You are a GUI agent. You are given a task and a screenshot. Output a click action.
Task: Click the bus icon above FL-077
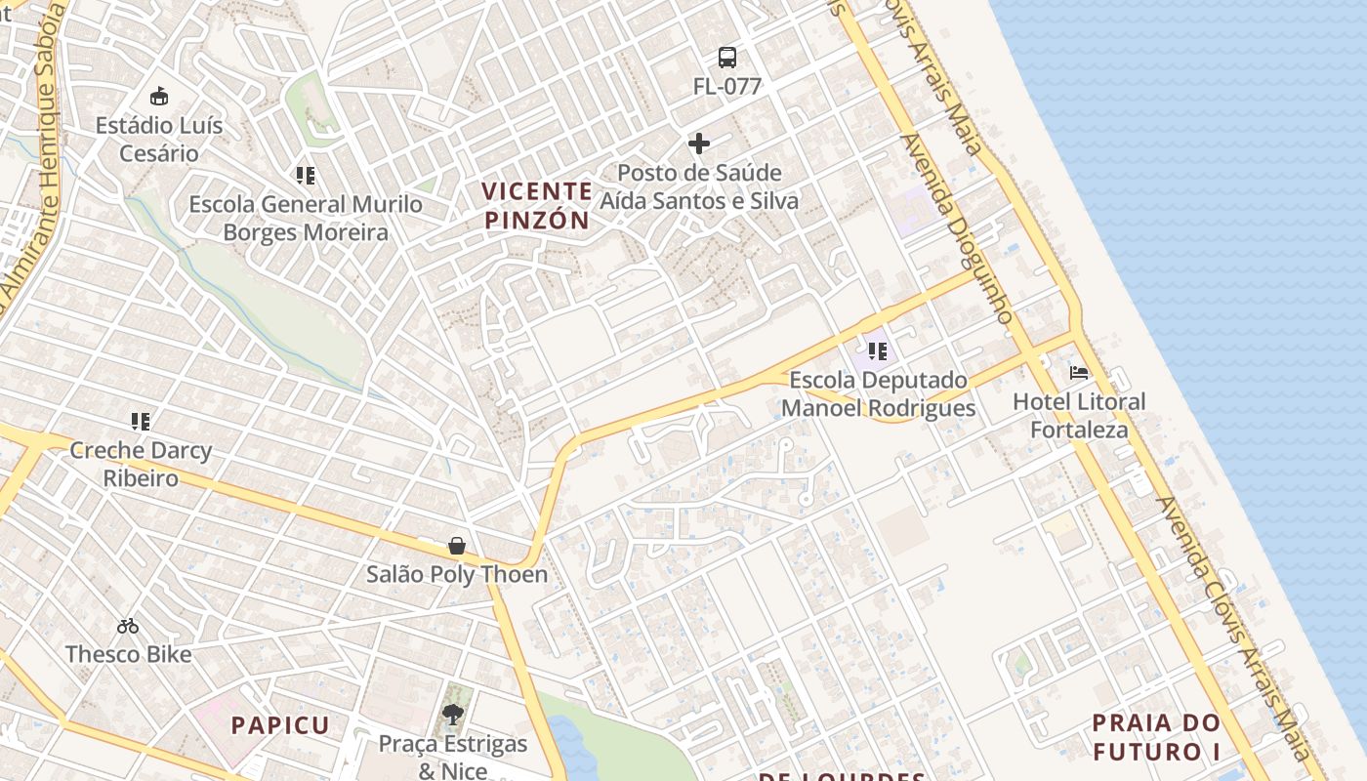727,57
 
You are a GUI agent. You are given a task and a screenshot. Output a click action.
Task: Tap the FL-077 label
727,86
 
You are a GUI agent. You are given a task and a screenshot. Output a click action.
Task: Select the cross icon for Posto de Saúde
699,144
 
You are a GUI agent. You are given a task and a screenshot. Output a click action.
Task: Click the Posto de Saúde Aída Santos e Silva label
699,187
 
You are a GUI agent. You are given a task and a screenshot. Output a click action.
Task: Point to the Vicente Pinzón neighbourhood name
538,205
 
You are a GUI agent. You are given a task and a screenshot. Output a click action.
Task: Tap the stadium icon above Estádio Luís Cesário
159,96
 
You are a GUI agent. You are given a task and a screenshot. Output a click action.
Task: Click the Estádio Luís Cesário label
159,140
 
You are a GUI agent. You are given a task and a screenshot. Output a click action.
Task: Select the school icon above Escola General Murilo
306,176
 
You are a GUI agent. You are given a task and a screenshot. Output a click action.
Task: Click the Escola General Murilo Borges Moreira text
306,219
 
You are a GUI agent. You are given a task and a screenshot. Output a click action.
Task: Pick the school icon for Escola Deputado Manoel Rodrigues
878,350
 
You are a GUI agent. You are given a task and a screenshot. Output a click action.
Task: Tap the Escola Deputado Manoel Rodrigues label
878,394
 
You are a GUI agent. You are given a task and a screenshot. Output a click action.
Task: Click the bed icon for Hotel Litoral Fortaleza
1079,372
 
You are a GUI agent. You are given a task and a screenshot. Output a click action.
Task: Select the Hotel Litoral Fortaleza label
1079,416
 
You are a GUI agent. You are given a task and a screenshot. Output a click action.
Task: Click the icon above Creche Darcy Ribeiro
141,422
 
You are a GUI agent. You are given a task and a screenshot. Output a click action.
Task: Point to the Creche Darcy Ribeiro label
141,465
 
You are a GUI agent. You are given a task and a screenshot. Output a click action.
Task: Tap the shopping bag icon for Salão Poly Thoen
457,545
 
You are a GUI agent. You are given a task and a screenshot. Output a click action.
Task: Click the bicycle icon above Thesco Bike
128,626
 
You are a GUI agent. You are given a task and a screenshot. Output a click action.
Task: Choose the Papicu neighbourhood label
281,725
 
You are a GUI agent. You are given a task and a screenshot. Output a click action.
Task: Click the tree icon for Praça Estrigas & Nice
452,716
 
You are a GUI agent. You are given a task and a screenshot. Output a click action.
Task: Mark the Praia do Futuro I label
1156,737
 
